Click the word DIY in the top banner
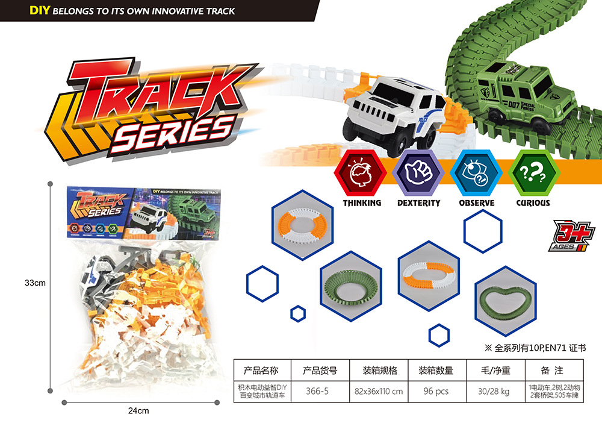point(40,10)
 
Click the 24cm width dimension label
point(138,411)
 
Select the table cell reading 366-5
point(317,391)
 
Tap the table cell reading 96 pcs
point(436,391)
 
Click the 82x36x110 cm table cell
point(379,391)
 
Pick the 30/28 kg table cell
point(494,391)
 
